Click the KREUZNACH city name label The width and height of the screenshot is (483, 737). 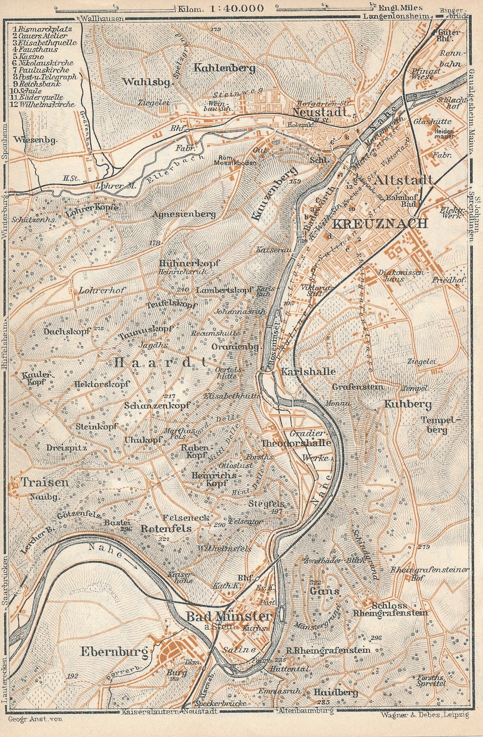(x=379, y=224)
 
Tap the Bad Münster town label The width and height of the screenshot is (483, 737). (x=228, y=616)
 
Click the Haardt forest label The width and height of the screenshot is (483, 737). (x=160, y=362)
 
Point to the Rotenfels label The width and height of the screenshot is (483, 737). (x=166, y=528)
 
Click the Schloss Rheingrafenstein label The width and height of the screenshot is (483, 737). (x=390, y=609)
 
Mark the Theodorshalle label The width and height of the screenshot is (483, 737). (x=295, y=443)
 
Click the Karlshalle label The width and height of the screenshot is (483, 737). (x=308, y=372)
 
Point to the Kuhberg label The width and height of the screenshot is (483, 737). (x=408, y=404)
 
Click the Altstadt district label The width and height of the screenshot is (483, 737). (x=404, y=179)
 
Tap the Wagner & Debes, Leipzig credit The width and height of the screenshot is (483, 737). (x=425, y=715)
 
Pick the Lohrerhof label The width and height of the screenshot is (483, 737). (x=102, y=290)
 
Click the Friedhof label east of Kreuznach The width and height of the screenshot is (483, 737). (x=448, y=281)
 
